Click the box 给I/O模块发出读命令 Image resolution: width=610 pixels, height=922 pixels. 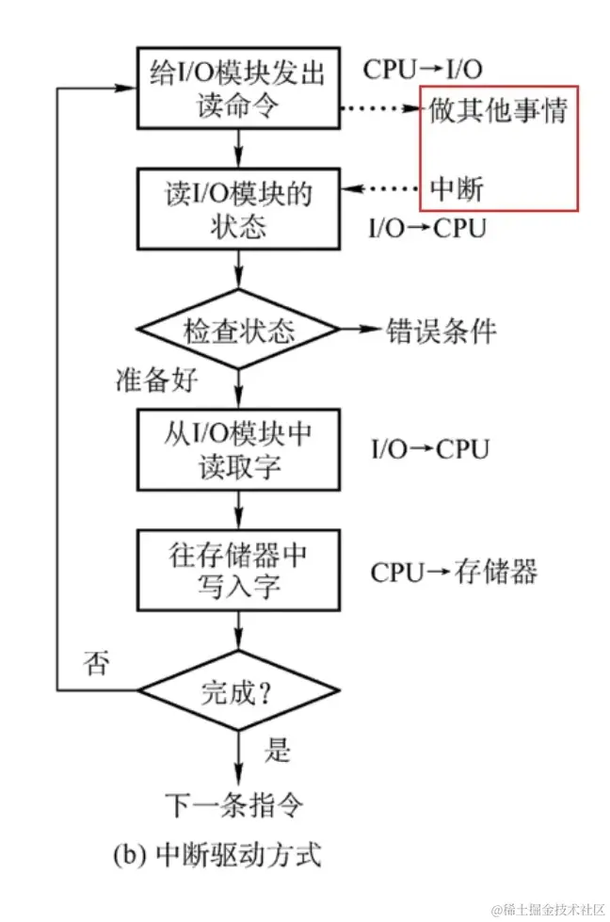[x=238, y=88]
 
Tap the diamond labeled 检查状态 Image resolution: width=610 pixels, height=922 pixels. [x=238, y=331]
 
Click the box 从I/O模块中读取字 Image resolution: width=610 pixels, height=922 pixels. [x=238, y=450]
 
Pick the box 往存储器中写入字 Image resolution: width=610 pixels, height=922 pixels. [x=238, y=571]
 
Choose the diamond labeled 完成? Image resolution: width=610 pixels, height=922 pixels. [x=238, y=692]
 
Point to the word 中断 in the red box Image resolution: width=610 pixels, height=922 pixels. [x=457, y=188]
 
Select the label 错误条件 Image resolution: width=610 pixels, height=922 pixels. [x=441, y=331]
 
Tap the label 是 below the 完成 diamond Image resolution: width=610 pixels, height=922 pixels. [x=277, y=751]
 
